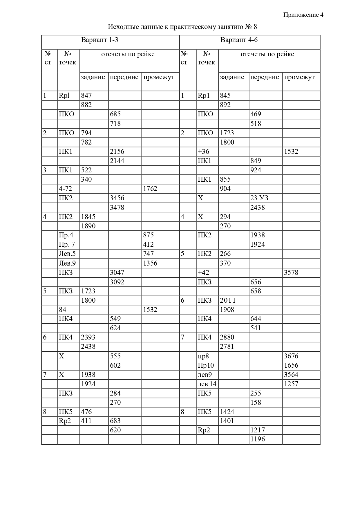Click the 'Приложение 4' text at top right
pos(303,15)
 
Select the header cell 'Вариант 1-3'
pos(100,40)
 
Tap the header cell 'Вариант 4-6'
pos(239,40)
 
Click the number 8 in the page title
pos(255,27)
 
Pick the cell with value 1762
pos(150,189)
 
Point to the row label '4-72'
pos(65,189)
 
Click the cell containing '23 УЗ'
pos(259,198)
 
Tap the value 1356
pos(150,263)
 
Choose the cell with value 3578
pos(291,272)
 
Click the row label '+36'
pos(203,151)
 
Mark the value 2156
pos(117,151)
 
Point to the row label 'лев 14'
pos(207,384)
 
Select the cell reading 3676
pos(291,356)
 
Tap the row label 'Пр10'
pos(206,365)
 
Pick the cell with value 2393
pos(88,337)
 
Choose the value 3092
pos(117,282)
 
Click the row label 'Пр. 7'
pos(67,244)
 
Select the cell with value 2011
pos(228,300)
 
